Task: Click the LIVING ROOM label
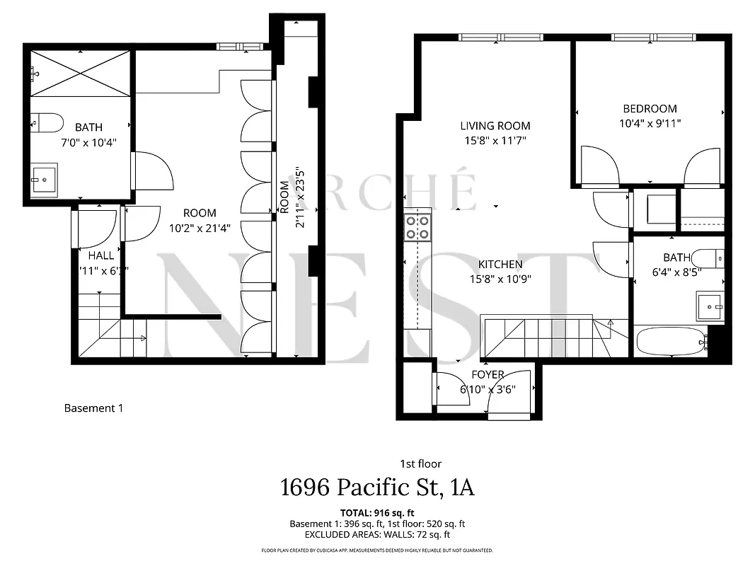click(x=495, y=126)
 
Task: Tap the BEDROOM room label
click(x=650, y=109)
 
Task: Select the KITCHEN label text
click(x=500, y=265)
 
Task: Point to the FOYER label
click(x=488, y=375)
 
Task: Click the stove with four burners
click(x=417, y=227)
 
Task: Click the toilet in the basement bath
click(x=47, y=122)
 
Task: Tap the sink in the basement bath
click(x=45, y=178)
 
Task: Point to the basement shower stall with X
click(x=80, y=73)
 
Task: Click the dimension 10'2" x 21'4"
click(x=200, y=227)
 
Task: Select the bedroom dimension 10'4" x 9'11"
click(x=650, y=123)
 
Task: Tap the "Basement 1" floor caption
click(x=93, y=408)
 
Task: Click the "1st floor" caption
click(x=420, y=464)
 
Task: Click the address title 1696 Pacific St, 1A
click(x=377, y=488)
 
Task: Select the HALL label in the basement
click(x=100, y=255)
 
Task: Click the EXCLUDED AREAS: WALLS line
click(x=377, y=536)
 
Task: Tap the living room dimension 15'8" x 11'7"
click(x=495, y=140)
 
